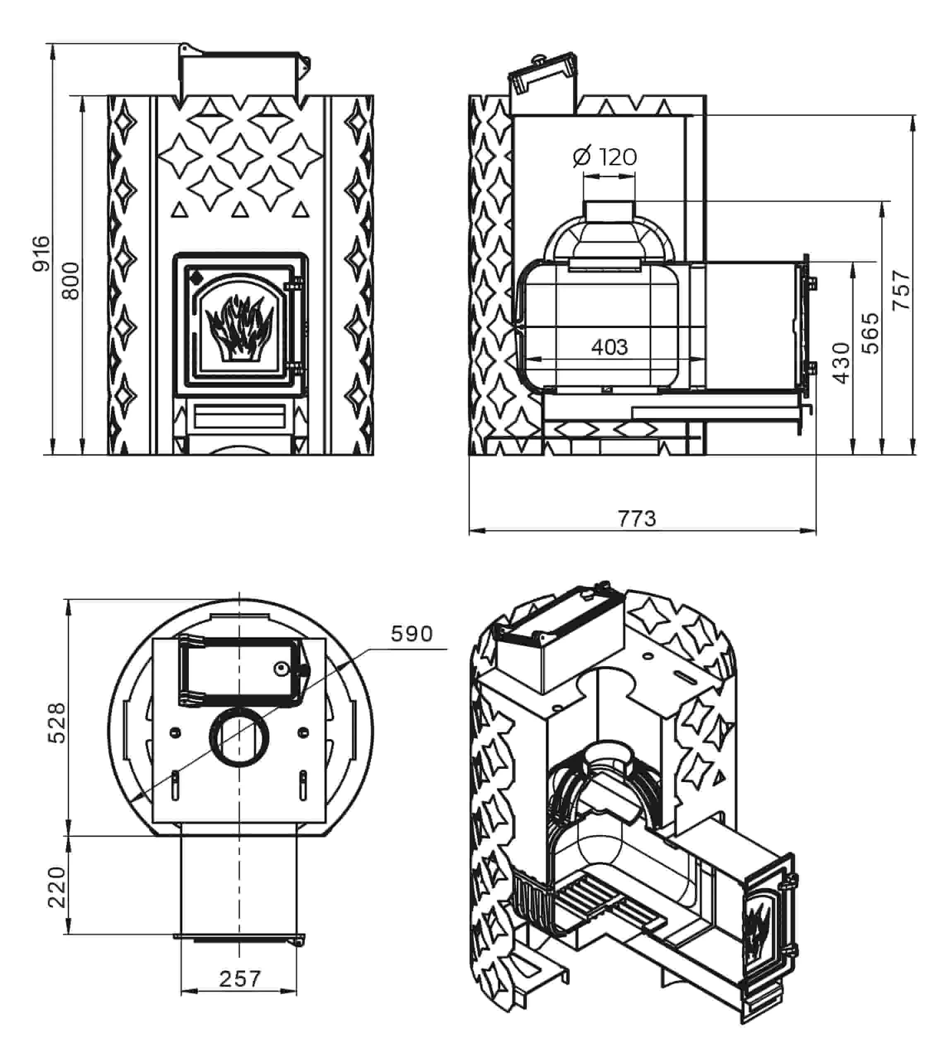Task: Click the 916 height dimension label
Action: point(41,254)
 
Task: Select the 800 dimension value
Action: point(71,281)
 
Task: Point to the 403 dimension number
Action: point(609,347)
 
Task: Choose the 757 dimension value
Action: point(901,290)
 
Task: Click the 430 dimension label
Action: point(841,363)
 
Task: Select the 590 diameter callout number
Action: point(411,633)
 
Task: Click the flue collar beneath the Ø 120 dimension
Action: point(609,211)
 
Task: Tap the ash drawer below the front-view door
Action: point(239,415)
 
